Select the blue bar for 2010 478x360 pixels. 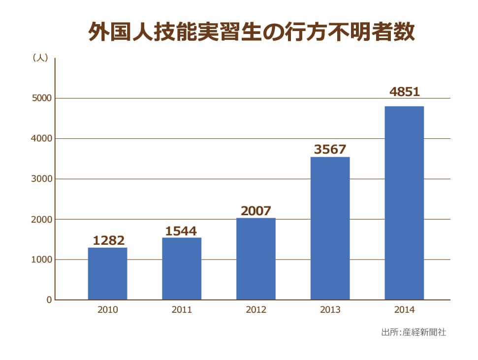pyautogui.click(x=107, y=273)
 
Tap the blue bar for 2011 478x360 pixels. pyautogui.click(x=182, y=268)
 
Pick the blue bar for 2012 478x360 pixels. pyautogui.click(x=256, y=259)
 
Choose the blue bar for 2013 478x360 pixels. pyautogui.click(x=330, y=228)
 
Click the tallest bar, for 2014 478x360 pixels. pyautogui.click(x=404, y=203)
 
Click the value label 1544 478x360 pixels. pyautogui.click(x=181, y=230)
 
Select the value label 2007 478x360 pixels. pyautogui.click(x=256, y=211)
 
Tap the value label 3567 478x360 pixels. pyautogui.click(x=330, y=149)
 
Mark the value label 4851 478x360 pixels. pyautogui.click(x=404, y=92)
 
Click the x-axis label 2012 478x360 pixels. pyautogui.click(x=256, y=310)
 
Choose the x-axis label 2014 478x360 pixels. pyautogui.click(x=404, y=310)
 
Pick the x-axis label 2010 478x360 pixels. pyautogui.click(x=107, y=310)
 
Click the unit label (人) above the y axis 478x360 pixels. pyautogui.click(x=40, y=58)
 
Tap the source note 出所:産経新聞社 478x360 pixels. pyautogui.click(x=414, y=332)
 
